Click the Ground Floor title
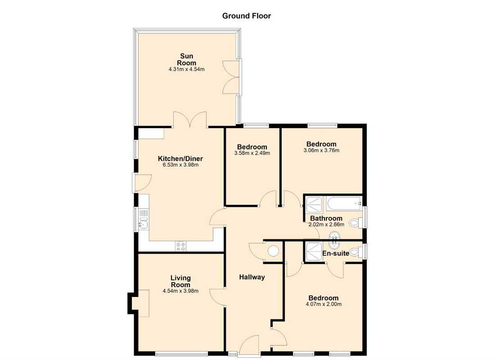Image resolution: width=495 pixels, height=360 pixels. (x=247, y=16)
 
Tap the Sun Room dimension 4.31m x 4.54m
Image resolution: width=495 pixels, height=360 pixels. (x=187, y=70)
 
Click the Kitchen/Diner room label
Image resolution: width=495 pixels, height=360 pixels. (x=180, y=159)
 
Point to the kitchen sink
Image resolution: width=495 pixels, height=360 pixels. (x=144, y=222)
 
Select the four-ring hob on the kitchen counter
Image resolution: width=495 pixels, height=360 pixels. (x=181, y=246)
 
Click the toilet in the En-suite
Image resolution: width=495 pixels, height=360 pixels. (x=355, y=252)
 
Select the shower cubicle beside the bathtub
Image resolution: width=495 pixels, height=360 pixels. (x=315, y=204)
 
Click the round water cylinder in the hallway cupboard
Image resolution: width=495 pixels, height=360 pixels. (x=273, y=251)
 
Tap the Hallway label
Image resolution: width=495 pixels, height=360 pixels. (x=252, y=277)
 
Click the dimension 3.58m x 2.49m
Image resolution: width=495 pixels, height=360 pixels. (x=252, y=153)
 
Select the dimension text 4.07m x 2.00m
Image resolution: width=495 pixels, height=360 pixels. (x=323, y=304)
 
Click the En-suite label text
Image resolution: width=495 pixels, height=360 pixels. (x=336, y=253)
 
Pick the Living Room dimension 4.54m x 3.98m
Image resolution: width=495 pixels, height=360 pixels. (x=180, y=291)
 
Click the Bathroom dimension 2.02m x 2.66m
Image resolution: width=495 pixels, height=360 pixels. (x=326, y=225)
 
